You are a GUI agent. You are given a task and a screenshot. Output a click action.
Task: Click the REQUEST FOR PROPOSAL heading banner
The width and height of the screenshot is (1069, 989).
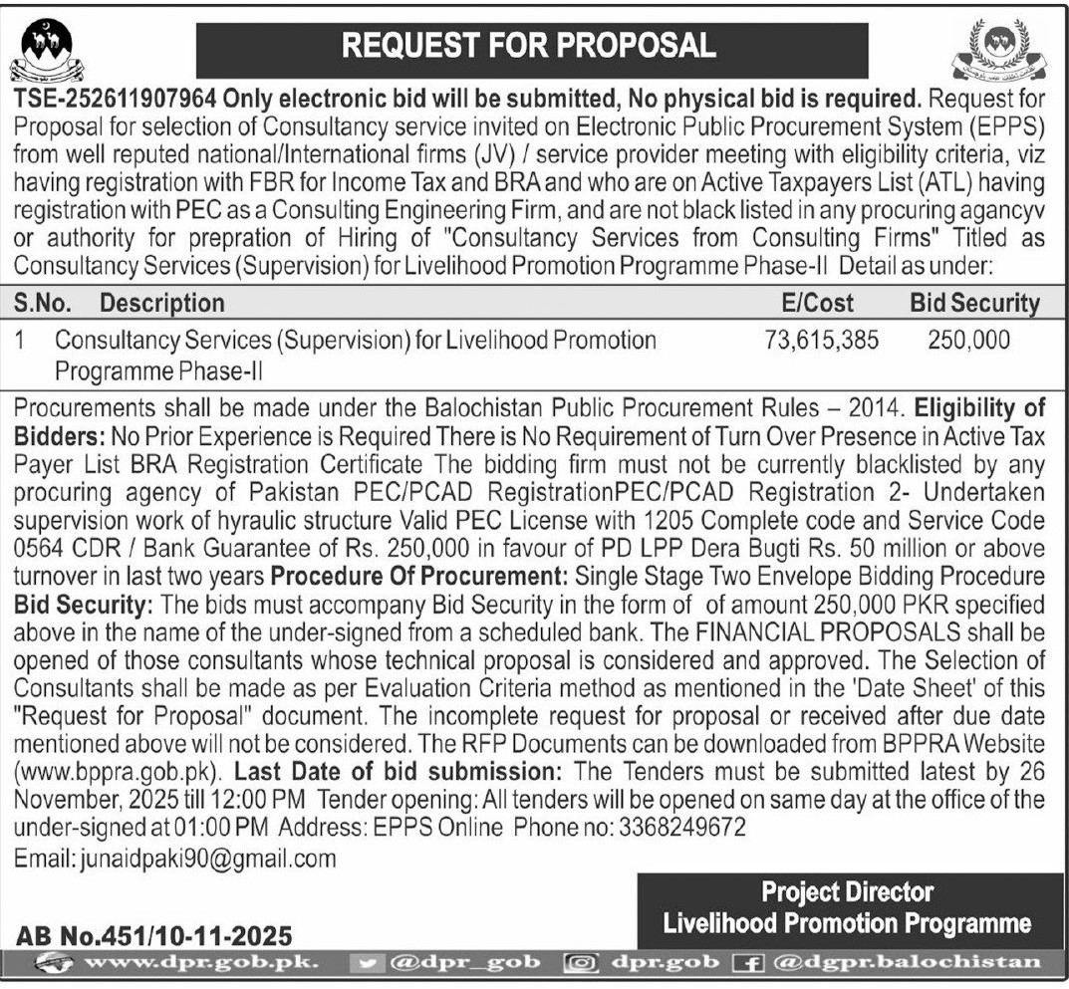[531, 47]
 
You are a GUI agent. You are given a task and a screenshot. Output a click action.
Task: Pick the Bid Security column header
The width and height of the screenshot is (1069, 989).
[974, 302]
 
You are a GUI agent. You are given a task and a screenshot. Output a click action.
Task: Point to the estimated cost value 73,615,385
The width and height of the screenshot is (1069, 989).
[822, 340]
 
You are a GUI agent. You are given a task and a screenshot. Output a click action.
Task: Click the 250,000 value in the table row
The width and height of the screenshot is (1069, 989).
[968, 340]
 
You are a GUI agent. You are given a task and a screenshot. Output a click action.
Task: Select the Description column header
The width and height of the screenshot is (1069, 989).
[162, 302]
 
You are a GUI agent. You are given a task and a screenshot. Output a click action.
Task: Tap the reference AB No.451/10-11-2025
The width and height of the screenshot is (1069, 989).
[155, 935]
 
